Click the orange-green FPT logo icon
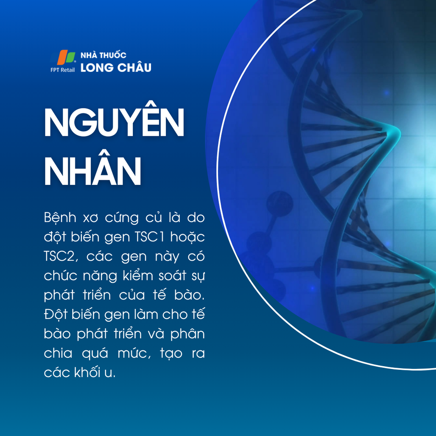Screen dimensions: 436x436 (66, 57)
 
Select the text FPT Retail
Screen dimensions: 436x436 (62, 70)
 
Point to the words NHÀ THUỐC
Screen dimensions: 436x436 (103, 55)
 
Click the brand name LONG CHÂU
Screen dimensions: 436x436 (116, 68)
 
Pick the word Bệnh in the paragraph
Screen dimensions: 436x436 (60, 218)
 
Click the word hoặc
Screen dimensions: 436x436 (187, 237)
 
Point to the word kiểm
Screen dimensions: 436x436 (138, 276)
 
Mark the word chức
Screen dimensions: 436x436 (61, 276)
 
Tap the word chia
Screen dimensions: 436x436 (58, 353)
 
